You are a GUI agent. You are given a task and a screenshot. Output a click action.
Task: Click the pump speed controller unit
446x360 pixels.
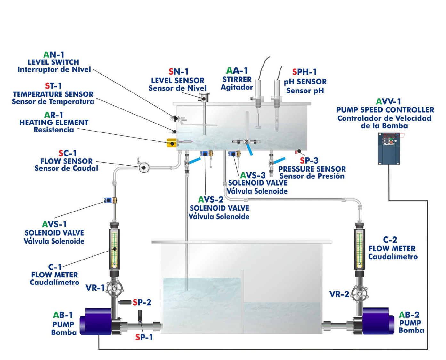click(389, 148)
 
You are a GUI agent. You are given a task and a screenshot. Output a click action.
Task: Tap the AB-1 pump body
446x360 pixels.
click(96, 321)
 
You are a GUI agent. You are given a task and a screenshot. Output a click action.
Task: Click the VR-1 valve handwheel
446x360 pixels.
click(114, 289)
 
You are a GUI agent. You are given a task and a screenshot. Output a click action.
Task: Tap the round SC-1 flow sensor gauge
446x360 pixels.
click(144, 167)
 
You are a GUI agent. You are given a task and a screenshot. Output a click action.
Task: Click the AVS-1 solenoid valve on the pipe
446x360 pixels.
click(110, 201)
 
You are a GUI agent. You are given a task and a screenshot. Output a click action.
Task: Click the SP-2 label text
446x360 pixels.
click(142, 302)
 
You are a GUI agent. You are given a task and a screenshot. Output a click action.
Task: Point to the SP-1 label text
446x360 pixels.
click(144, 337)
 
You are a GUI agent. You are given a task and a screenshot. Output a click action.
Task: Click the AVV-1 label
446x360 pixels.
click(388, 101)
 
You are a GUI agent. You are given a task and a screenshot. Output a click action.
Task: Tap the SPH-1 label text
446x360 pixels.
click(304, 72)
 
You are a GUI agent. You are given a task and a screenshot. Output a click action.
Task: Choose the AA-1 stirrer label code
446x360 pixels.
click(237, 71)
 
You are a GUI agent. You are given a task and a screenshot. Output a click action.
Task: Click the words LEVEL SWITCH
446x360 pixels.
click(53, 62)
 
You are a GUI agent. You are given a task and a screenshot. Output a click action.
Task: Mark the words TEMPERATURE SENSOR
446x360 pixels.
click(53, 94)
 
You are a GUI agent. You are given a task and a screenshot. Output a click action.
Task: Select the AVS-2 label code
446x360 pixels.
click(211, 200)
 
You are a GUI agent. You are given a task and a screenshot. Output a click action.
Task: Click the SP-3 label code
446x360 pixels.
click(309, 160)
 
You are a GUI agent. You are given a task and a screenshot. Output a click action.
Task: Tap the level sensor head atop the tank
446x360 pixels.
click(204, 97)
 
